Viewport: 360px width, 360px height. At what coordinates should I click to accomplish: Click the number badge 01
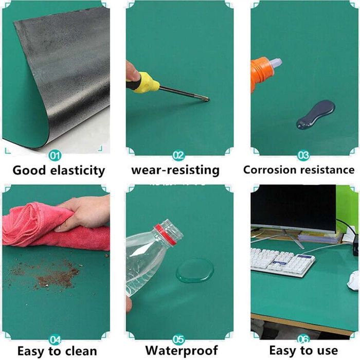point(55,156)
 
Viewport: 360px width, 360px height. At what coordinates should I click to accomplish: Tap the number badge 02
point(178,155)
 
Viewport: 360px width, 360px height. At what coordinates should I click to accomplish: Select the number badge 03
point(303,155)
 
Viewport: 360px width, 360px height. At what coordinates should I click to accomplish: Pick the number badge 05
point(178,339)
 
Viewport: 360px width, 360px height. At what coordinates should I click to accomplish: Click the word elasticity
point(77,171)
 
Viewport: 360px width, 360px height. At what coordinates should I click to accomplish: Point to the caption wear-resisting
point(175,171)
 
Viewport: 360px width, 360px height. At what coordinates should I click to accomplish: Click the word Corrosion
point(270,170)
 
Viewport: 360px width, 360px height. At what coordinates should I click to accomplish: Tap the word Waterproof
point(182,351)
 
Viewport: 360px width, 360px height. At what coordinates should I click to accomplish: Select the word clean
point(81,351)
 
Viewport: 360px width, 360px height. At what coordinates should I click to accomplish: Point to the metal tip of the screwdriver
point(207,99)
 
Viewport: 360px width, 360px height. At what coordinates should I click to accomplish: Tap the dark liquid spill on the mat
point(315,114)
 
